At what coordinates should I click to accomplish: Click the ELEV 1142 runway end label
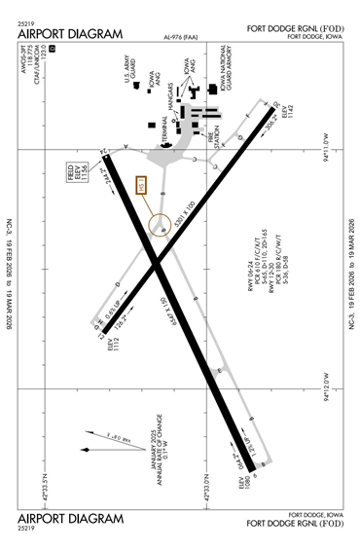(x=287, y=116)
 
